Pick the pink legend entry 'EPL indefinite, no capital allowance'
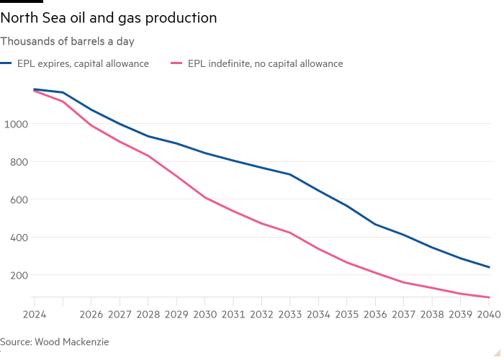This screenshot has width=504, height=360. pos(264,63)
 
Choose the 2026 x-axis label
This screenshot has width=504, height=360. pos(91,315)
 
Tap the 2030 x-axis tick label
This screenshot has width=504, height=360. pos(204,315)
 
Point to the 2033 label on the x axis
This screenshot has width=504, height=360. pos(289,315)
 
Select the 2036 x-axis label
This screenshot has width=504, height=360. pos(374,315)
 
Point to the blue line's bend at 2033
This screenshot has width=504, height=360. pos(289,174)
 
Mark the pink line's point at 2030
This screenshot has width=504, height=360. pos(204,197)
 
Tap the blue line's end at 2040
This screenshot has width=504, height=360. pos(490,267)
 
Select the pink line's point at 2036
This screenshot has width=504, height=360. pos(374,273)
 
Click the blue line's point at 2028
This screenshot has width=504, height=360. pos(148,136)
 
